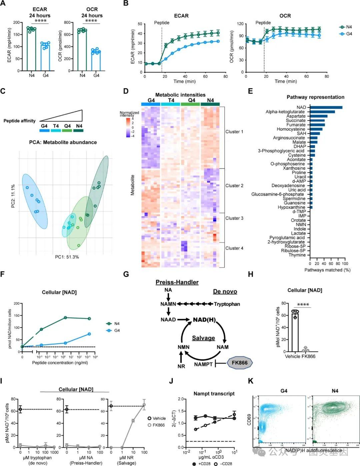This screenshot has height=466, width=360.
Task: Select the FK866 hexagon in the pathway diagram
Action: tap(240, 363)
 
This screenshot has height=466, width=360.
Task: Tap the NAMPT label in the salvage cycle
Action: tap(203, 364)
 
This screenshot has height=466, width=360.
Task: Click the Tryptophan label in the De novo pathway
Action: tap(227, 304)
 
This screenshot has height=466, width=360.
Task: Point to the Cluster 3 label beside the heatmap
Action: tap(234, 218)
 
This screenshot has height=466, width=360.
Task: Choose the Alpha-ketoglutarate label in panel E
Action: tap(285, 112)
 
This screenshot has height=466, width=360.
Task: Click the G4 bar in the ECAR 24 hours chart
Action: tap(45, 57)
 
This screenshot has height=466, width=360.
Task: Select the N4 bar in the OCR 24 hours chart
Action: tap(82, 50)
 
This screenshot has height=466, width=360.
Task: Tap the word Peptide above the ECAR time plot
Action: tap(162, 23)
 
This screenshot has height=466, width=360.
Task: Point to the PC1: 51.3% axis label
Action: tap(67, 257)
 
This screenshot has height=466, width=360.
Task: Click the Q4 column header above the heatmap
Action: tap(192, 100)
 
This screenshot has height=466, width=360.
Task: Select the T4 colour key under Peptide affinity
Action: tap(56, 130)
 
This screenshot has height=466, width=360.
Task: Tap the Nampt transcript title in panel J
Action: tap(214, 394)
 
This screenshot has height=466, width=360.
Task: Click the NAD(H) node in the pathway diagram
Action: tap(204, 320)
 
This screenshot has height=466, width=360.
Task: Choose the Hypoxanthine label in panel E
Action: tap(291, 207)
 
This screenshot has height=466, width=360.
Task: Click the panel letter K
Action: tap(250, 381)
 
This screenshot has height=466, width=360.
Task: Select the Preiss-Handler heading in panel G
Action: tap(177, 283)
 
